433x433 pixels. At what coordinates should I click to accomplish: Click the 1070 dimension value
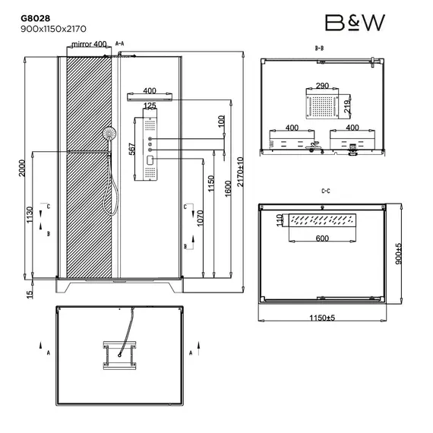(x=200, y=220)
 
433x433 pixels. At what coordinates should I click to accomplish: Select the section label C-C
(x=324, y=191)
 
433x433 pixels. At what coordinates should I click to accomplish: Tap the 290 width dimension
(x=322, y=87)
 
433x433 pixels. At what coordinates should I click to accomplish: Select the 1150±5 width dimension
(x=322, y=317)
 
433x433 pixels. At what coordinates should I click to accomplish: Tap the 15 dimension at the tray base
(x=30, y=294)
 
